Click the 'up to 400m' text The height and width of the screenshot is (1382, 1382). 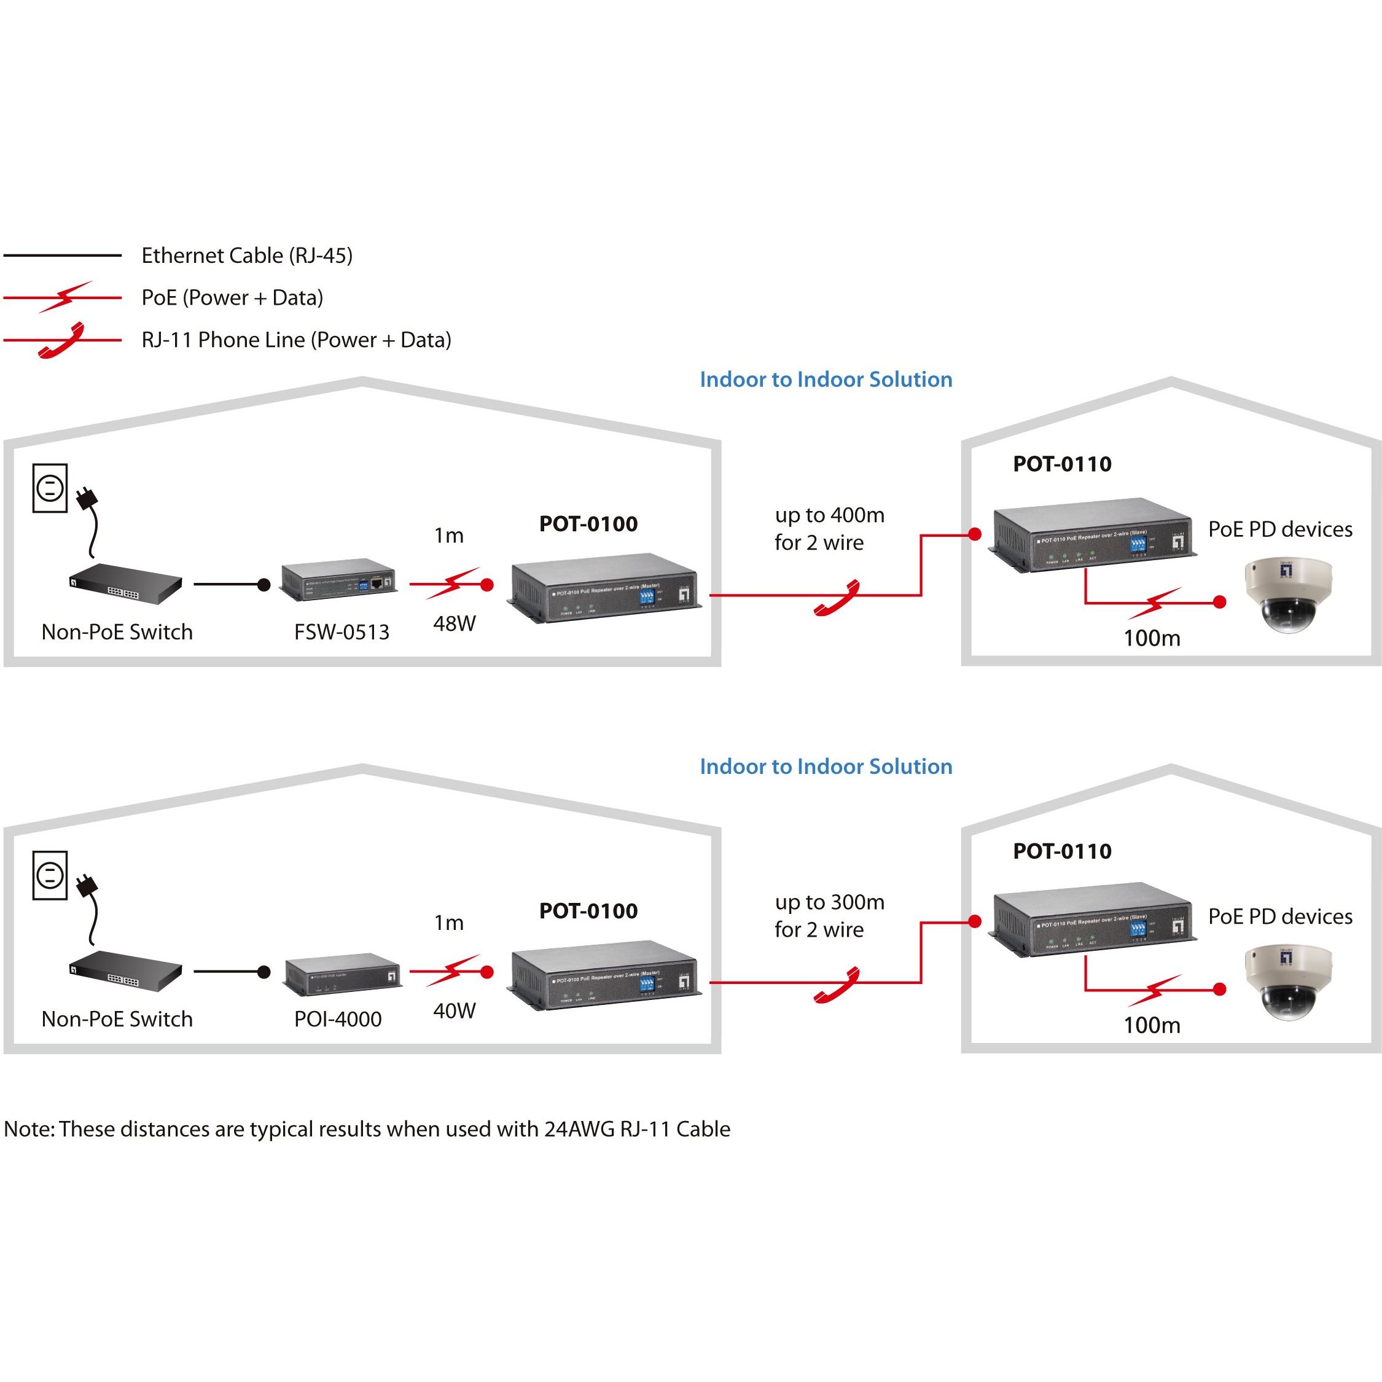(x=829, y=515)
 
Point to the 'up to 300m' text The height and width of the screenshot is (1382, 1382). (x=829, y=902)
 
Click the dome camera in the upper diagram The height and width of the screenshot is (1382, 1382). (x=1287, y=596)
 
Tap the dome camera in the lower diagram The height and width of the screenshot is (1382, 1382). (x=1287, y=982)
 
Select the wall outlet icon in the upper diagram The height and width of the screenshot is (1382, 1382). (x=50, y=488)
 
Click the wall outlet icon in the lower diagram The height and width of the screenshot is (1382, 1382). (x=50, y=875)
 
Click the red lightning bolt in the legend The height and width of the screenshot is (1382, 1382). (x=65, y=297)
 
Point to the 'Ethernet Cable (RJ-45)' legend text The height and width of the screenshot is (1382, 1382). (x=247, y=256)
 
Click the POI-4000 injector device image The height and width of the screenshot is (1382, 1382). (x=343, y=974)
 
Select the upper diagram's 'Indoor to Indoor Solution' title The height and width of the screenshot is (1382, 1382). (x=826, y=379)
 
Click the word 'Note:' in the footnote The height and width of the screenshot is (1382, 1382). (x=29, y=1129)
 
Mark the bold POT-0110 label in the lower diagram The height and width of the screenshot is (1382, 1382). (x=1062, y=851)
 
